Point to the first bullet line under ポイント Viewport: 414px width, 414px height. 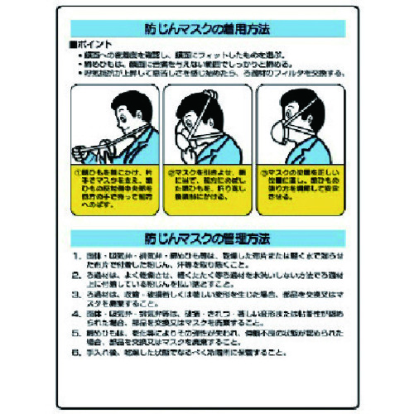[215, 52]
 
